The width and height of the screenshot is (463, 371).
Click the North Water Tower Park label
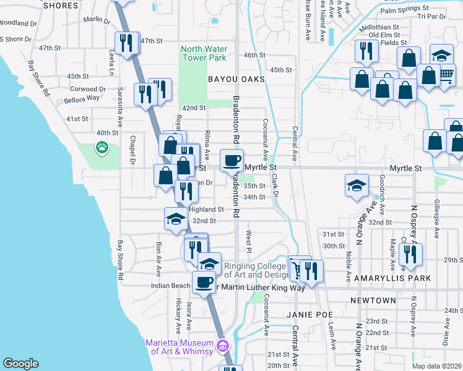[204, 53]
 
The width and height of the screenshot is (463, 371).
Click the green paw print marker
[100, 148]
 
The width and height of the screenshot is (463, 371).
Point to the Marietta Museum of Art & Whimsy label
[179, 348]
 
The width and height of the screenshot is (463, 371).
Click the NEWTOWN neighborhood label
[373, 301]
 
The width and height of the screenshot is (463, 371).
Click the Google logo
[21, 364]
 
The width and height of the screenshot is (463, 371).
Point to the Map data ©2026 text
[437, 366]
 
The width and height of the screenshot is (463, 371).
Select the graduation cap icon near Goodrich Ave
[356, 185]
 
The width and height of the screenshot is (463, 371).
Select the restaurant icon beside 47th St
[126, 43]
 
